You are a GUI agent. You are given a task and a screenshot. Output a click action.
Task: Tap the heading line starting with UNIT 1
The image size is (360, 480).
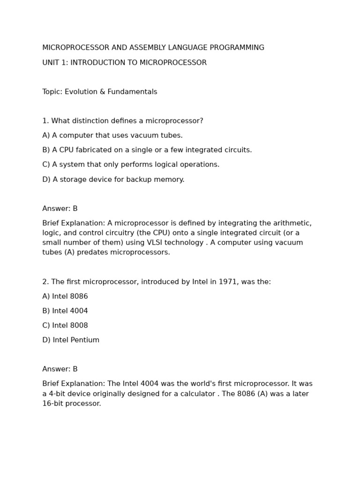124,63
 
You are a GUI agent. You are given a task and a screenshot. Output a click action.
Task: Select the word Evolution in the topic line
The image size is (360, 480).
82,92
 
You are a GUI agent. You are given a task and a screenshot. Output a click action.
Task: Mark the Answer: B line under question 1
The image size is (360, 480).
60,209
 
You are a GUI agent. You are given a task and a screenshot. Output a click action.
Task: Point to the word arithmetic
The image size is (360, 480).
292,223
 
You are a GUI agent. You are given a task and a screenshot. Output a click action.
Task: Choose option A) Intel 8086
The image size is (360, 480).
65,296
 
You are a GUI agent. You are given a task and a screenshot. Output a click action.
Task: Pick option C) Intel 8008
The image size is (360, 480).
65,325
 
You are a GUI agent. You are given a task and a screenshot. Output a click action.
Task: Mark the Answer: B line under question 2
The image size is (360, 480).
60,369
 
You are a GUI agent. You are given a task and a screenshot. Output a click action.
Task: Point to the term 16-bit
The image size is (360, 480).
52,404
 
